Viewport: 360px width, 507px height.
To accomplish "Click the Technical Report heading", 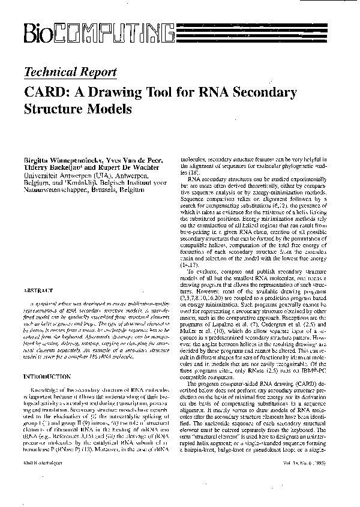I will tap(71, 73).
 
